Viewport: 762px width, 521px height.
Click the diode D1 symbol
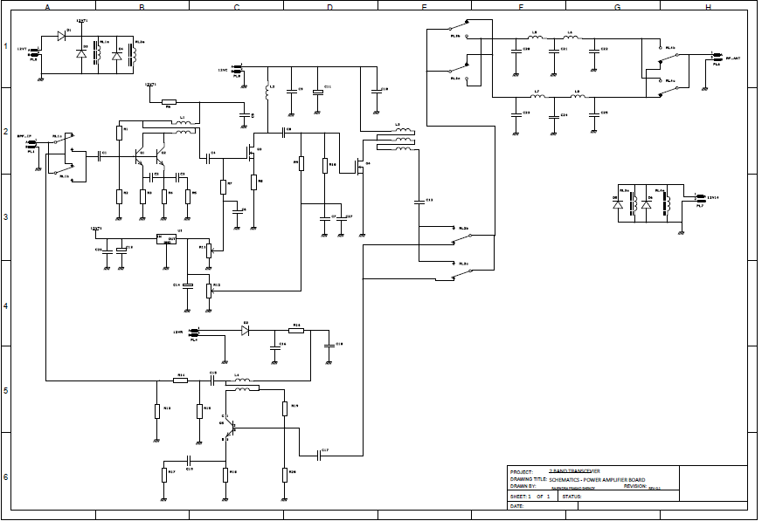[62, 36]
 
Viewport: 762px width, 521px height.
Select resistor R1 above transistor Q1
[119, 133]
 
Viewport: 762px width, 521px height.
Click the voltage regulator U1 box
[166, 238]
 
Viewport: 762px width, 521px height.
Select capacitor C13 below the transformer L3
[419, 202]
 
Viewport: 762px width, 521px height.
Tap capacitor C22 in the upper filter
[594, 51]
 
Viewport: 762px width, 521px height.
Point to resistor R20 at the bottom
[285, 473]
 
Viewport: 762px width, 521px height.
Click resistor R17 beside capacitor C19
[163, 474]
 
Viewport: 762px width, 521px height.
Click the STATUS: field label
[572, 497]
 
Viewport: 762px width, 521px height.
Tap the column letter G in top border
[617, 6]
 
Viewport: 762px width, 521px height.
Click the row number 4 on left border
[5, 305]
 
